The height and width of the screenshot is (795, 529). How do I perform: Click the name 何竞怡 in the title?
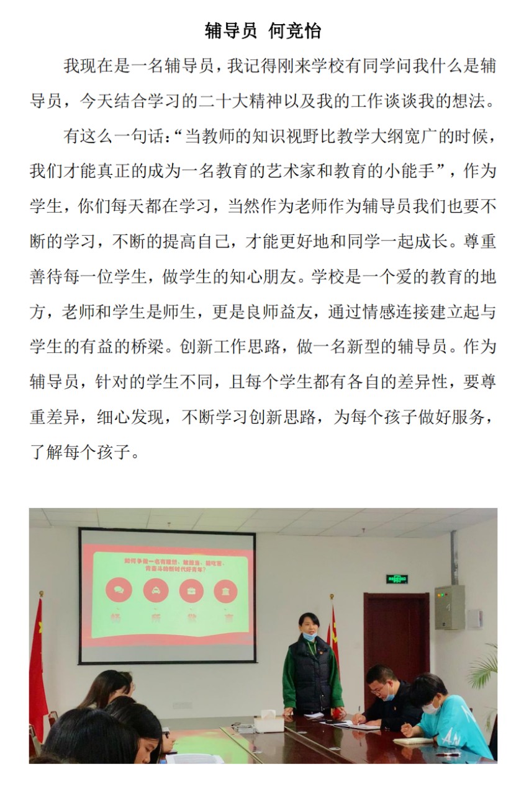point(294,30)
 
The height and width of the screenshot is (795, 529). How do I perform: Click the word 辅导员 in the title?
point(230,30)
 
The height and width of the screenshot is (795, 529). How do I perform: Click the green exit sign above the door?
point(397,579)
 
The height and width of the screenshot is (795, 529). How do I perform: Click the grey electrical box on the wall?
point(450,608)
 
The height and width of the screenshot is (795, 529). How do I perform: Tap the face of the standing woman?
point(308,625)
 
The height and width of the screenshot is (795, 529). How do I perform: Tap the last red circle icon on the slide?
point(225,590)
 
